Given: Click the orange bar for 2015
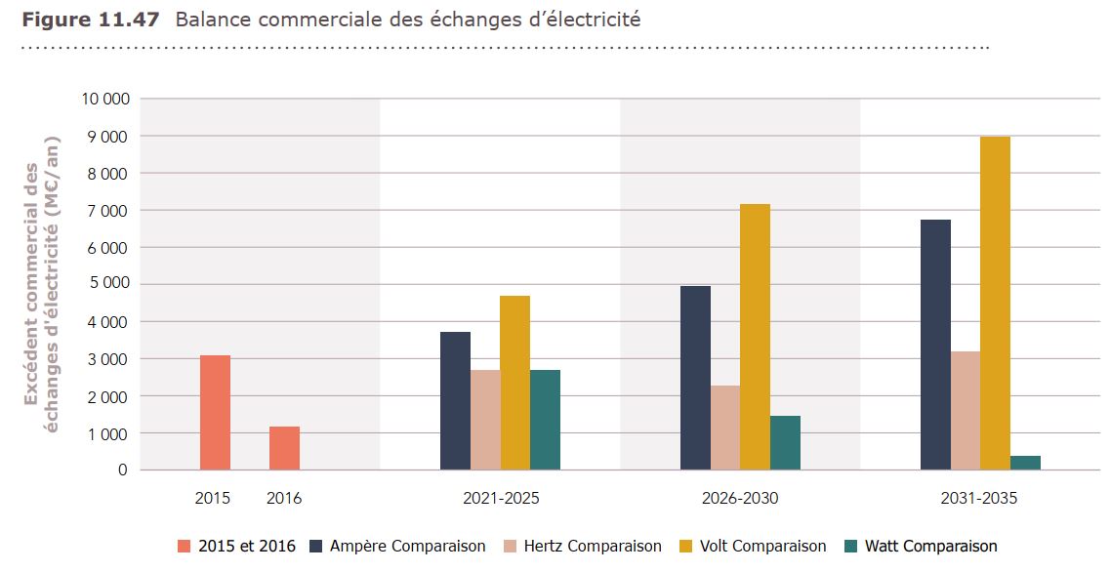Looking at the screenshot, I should [x=215, y=412].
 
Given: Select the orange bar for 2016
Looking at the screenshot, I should [x=284, y=448].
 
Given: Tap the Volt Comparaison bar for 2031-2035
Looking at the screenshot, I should [x=995, y=303].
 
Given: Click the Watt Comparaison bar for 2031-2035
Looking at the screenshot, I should [x=1025, y=463].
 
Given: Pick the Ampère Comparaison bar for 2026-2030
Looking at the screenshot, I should [x=695, y=378].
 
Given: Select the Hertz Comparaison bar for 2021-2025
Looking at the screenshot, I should [x=485, y=420].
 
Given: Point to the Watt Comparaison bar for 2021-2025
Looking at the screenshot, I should [x=545, y=420].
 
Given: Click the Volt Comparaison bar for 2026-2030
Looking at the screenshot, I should [x=755, y=337].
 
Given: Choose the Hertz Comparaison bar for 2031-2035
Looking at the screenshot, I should [x=966, y=410].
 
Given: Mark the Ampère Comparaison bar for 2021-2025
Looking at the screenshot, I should [x=455, y=400].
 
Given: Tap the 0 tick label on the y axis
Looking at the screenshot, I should [x=122, y=470].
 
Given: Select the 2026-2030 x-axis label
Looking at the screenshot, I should [x=740, y=498].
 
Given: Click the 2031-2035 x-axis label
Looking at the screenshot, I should [x=979, y=498].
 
